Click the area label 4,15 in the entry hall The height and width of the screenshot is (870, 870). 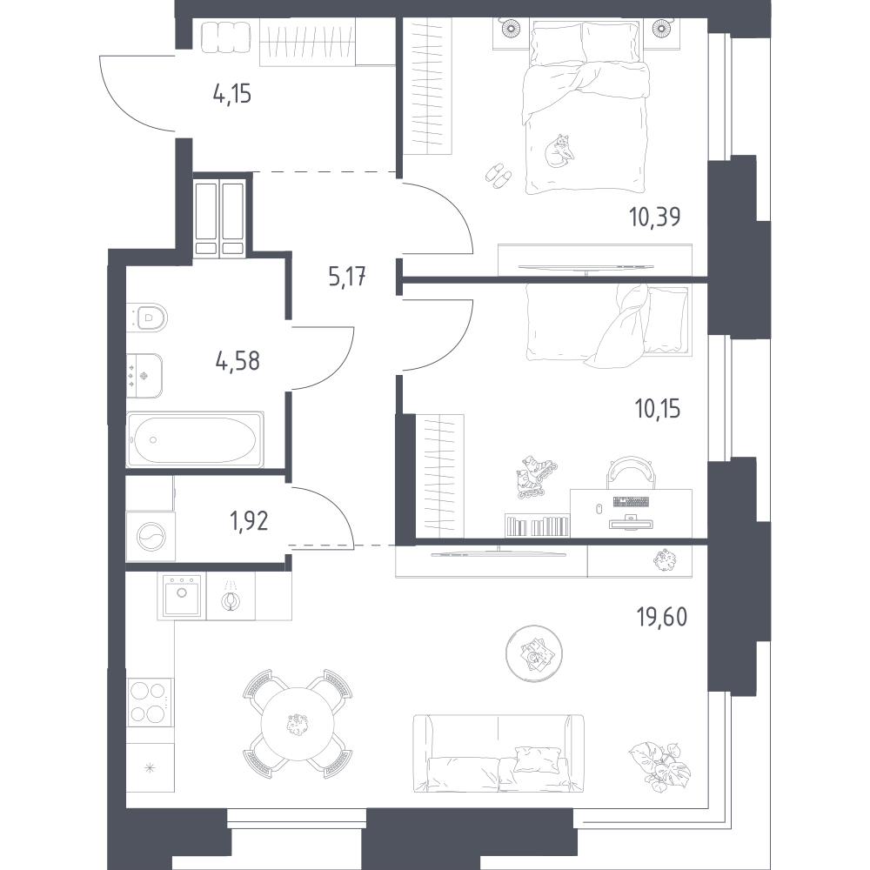coord(232,95)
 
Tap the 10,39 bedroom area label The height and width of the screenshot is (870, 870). coord(655,217)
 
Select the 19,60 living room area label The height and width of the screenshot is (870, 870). coord(662,617)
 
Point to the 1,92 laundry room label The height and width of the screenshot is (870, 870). coord(249,520)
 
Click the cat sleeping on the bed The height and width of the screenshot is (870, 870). coord(559,151)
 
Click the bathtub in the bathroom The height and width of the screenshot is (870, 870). coord(195,440)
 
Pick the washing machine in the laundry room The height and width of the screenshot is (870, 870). coord(151,537)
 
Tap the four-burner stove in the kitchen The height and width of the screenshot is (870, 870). coord(150,702)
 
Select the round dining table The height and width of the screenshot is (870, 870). coord(298,723)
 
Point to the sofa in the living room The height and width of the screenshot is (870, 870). coord(499,753)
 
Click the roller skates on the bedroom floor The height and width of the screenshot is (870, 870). coord(535,477)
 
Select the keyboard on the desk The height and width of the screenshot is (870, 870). coord(631,502)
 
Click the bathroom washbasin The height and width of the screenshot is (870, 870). coord(144,376)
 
